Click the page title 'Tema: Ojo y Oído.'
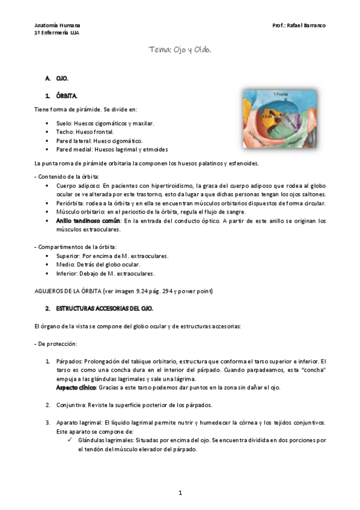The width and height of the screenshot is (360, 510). (180, 52)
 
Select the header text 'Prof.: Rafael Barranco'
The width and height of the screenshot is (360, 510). (299, 25)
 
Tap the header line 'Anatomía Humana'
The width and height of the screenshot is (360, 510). (57, 25)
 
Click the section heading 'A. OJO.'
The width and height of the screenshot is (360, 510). (58, 79)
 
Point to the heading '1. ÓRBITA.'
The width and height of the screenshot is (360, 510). (61, 96)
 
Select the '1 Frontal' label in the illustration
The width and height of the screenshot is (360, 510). (281, 94)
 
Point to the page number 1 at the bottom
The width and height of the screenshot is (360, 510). (180, 493)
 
